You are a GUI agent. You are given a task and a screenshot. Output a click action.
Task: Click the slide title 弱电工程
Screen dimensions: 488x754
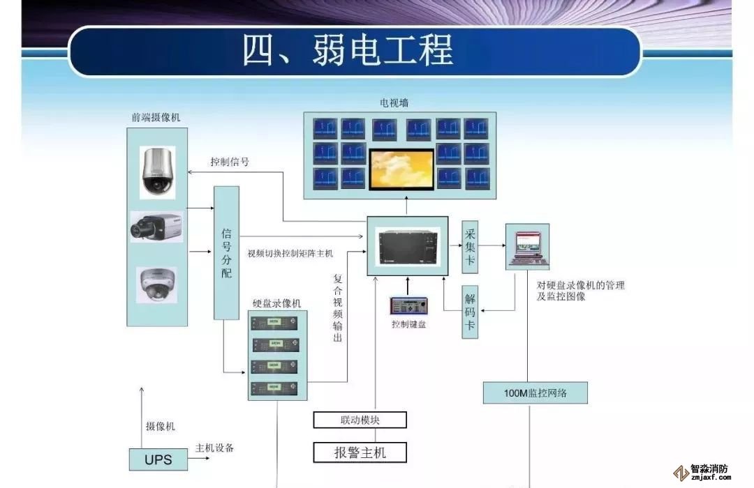click(x=348, y=50)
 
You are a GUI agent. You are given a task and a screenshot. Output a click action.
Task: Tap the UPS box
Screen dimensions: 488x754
click(x=158, y=459)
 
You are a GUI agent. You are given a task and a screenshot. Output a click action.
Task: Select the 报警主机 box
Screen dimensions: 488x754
click(x=360, y=452)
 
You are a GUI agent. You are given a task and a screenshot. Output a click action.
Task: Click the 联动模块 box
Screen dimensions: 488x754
click(x=360, y=420)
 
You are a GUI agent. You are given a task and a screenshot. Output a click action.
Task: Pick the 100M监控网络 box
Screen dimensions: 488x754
click(x=535, y=393)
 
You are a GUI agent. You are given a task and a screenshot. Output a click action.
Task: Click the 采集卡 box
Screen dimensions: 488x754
click(x=470, y=247)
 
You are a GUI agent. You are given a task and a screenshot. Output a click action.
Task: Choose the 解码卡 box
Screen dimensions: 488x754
click(x=470, y=312)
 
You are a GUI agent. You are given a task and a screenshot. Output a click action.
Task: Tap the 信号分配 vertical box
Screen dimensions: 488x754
click(x=226, y=252)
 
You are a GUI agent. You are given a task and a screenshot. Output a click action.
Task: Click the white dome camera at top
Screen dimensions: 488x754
click(x=157, y=171)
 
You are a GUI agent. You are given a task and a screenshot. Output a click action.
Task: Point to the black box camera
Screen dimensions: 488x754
click(x=156, y=227)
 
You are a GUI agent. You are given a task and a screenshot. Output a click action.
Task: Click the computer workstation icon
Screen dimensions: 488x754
click(x=527, y=246)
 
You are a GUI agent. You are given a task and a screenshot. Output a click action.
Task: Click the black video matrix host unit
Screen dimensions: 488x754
click(x=408, y=245)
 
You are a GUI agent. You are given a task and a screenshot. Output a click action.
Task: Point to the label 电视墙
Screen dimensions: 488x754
click(x=394, y=103)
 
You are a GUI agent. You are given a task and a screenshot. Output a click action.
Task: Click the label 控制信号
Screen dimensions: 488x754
click(x=230, y=162)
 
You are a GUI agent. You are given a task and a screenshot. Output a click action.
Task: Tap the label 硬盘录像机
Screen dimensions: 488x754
click(x=277, y=303)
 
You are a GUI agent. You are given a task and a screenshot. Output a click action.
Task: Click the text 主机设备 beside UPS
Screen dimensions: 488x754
click(x=214, y=448)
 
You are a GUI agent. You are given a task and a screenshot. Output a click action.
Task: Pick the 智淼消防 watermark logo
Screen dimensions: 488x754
click(x=701, y=473)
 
